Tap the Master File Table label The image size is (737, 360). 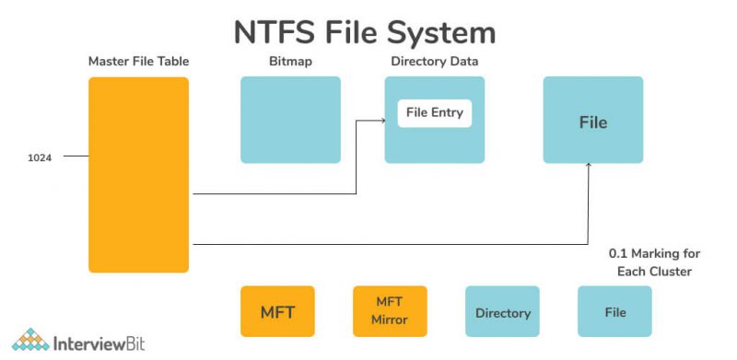137,62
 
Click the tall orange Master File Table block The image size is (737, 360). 138,175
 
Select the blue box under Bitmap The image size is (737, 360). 290,120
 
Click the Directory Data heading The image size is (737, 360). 434,62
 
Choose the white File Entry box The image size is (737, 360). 435,113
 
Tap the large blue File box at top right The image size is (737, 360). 592,120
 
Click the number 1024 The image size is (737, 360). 40,157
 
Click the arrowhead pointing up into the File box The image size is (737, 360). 589,168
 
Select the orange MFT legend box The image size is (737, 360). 277,311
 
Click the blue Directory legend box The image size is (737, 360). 502,312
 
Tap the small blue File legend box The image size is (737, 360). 614,311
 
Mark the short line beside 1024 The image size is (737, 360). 76,157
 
